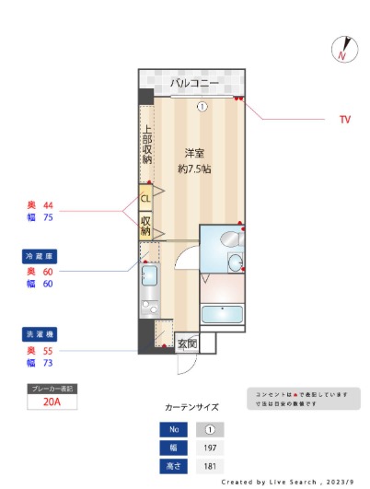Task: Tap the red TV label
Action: (x=345, y=120)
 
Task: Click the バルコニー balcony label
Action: (x=194, y=84)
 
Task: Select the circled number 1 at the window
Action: (x=202, y=107)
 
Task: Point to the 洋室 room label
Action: (x=193, y=153)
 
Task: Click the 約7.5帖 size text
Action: (x=194, y=169)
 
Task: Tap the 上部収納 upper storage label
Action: (x=146, y=145)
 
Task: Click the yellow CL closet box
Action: (x=145, y=197)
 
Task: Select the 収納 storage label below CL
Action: (x=145, y=226)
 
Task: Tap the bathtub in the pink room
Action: (x=222, y=314)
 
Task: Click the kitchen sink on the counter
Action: (x=149, y=275)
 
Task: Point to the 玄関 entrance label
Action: (x=187, y=343)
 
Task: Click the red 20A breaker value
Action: (x=52, y=402)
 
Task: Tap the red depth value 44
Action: (x=49, y=204)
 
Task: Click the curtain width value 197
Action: (x=209, y=448)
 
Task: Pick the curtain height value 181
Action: (x=209, y=466)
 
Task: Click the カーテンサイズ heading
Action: (x=191, y=405)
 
